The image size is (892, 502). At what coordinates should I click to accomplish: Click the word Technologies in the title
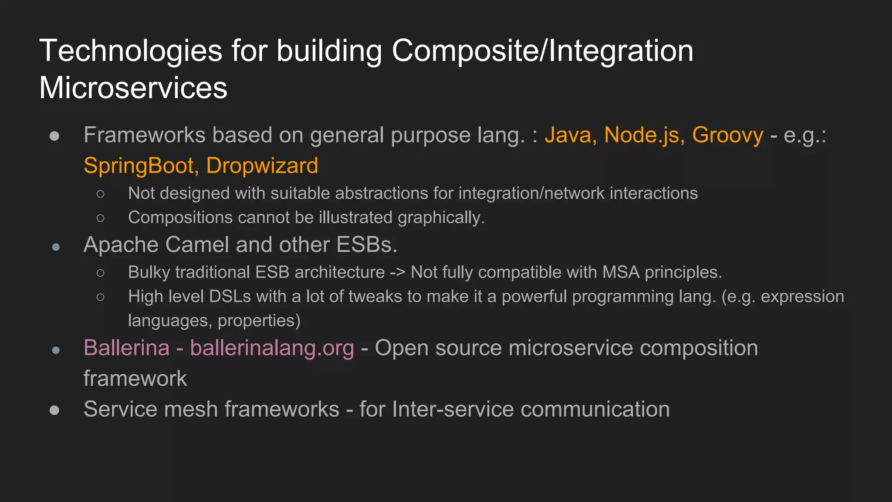(131, 51)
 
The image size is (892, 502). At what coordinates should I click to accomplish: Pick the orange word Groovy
(727, 135)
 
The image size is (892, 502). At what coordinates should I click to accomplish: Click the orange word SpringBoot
(139, 166)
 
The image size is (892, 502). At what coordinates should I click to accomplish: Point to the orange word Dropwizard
(262, 166)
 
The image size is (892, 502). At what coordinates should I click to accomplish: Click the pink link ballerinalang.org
(272, 348)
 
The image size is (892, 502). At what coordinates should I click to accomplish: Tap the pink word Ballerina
(126, 348)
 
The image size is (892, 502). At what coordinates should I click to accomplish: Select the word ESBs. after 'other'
(367, 245)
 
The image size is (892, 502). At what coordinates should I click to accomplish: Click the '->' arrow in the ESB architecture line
(398, 273)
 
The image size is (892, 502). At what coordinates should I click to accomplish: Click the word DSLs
(230, 297)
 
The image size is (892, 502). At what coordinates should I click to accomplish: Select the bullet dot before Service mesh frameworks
(54, 410)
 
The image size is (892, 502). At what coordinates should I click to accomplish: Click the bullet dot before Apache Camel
(56, 248)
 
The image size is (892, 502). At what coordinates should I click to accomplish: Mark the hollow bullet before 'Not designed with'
(101, 194)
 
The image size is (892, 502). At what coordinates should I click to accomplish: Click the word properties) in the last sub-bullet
(259, 321)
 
